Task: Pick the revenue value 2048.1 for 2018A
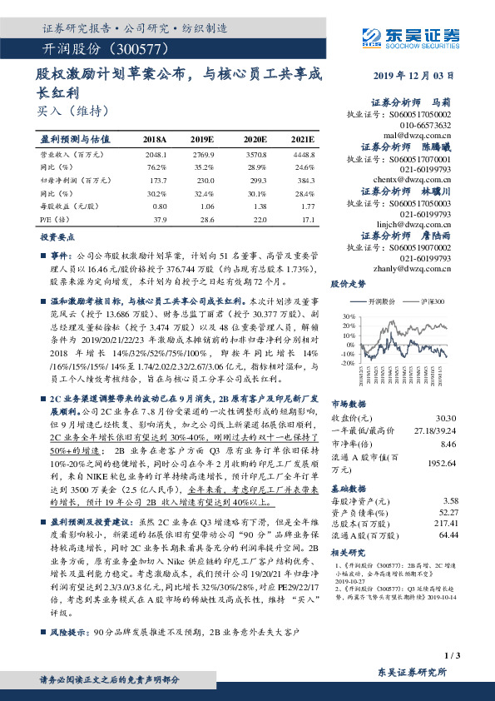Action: click(x=156, y=155)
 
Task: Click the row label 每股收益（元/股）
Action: click(x=70, y=206)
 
